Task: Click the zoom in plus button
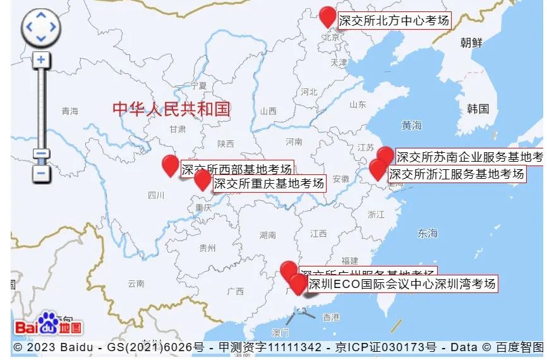41,60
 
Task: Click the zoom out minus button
41,172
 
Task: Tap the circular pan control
41,27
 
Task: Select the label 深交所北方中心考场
394,21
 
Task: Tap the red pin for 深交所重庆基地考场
202,179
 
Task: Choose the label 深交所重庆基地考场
269,184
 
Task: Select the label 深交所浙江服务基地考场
456,174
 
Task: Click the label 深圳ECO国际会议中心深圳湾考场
402,284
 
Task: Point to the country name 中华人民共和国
171,109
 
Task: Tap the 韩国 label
478,109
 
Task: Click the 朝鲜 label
471,43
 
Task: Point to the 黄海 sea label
411,126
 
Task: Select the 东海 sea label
427,234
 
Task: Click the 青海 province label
69,111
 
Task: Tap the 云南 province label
136,283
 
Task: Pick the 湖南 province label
268,235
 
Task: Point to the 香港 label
331,317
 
